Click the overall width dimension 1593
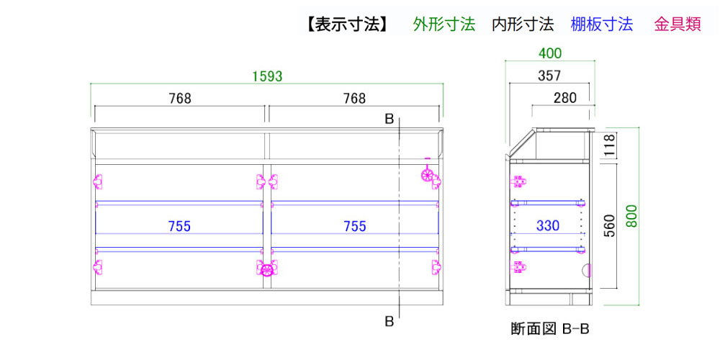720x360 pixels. pos(267,76)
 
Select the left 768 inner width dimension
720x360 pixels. pos(179,98)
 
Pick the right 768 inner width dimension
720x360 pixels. pos(355,98)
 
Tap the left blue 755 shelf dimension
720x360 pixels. pos(179,226)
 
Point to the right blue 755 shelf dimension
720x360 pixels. pos(355,226)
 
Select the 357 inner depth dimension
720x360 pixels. pos(549,76)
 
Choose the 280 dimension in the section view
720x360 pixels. pos(564,98)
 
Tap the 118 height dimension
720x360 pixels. pos(609,145)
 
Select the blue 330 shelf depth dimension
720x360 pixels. pos(548,226)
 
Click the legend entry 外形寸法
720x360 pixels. pos(444,24)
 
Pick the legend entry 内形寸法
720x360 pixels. pos(523,24)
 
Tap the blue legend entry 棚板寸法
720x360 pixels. pos(601,24)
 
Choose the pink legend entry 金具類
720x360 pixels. pos(678,24)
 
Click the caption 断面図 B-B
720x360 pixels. pos(549,329)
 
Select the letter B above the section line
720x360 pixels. pos(390,120)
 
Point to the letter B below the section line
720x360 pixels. pos(390,322)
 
